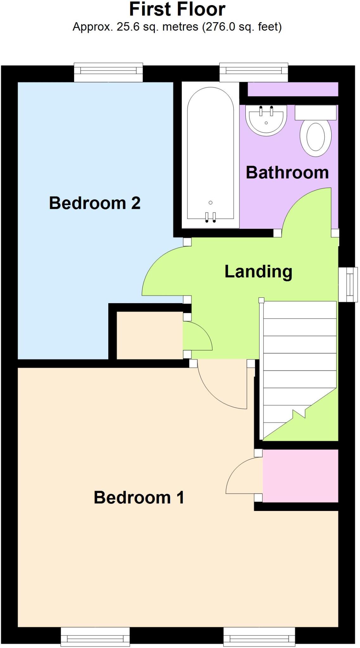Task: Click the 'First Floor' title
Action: click(177, 9)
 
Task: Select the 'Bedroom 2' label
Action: click(95, 203)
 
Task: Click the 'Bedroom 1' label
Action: click(139, 497)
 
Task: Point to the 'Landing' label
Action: click(258, 272)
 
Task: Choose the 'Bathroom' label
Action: click(287, 173)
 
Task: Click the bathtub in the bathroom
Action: click(210, 155)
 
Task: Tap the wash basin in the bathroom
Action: click(266, 120)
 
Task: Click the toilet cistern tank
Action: click(315, 113)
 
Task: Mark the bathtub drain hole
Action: click(211, 202)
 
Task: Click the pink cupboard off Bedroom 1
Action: click(300, 476)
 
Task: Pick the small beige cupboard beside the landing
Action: click(149, 335)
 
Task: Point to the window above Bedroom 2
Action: click(108, 72)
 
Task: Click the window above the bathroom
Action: click(254, 72)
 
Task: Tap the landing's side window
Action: click(348, 284)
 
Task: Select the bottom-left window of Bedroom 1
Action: click(95, 637)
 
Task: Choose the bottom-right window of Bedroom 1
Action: click(259, 637)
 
